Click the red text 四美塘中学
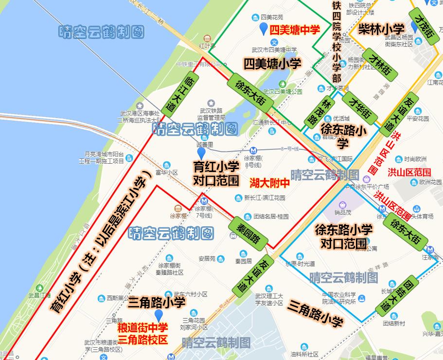coord(295,30)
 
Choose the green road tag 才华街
coord(360,110)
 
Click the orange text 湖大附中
coord(269,183)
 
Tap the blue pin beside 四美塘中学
coord(264,29)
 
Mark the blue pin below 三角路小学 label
coord(158,315)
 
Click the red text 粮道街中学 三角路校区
coord(142,333)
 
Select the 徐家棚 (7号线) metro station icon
coord(204,201)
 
